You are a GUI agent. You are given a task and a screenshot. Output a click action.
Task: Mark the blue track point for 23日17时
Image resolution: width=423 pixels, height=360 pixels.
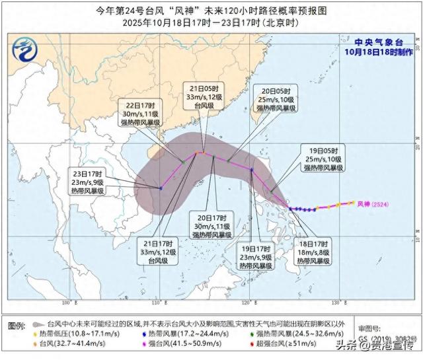(161, 188)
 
